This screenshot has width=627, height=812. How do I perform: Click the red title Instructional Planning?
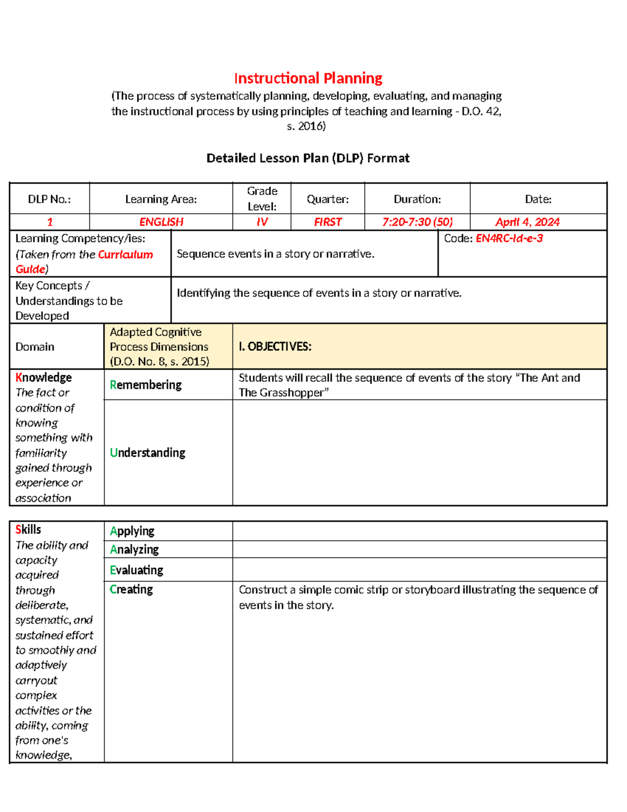(308, 78)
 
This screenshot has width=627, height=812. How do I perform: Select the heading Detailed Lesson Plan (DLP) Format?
(308, 158)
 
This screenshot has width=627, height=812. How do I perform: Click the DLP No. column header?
(49, 199)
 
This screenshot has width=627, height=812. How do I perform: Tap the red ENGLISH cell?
(161, 222)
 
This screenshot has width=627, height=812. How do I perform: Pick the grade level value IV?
(262, 222)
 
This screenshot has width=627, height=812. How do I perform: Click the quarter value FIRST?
(328, 222)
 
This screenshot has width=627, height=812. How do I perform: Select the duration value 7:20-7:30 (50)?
(417, 222)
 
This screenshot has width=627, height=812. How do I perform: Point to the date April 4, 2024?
(527, 222)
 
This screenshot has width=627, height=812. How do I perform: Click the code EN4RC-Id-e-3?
(509, 238)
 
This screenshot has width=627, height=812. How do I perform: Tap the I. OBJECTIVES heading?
(275, 347)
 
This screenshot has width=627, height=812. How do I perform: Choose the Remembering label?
(146, 385)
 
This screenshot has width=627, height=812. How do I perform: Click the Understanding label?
(147, 453)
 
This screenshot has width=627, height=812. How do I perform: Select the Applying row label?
(132, 531)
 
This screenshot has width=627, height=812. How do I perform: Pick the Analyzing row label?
(134, 550)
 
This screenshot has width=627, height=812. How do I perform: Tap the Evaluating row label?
(136, 570)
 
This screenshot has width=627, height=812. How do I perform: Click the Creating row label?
(131, 589)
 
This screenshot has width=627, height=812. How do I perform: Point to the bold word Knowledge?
(43, 378)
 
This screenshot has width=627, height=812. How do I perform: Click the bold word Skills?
(28, 530)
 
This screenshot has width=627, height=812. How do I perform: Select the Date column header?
(538, 199)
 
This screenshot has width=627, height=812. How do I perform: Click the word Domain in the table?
(34, 347)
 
